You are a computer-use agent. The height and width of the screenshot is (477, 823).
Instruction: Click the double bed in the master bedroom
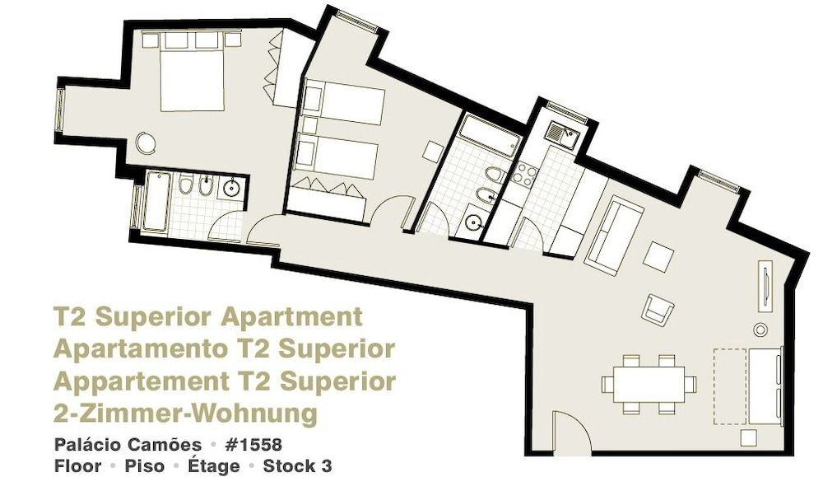192,76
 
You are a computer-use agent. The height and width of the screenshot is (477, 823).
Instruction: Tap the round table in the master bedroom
146,143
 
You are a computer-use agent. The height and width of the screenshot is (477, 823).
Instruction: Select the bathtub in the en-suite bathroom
156,201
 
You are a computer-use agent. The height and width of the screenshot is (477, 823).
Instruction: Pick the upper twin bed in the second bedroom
344,103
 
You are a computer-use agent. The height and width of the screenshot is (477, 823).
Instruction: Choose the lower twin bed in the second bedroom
337,156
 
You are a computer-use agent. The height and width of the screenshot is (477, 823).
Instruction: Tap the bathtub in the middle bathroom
486,138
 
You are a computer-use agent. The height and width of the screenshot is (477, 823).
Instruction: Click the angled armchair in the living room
658,309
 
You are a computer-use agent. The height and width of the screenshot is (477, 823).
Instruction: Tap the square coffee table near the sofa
658,256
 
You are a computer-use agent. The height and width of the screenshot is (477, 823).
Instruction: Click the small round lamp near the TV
760,330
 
